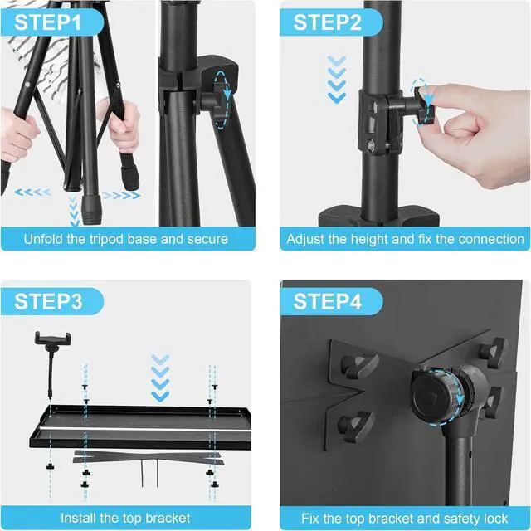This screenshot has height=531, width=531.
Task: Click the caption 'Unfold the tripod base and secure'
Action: pyautogui.click(x=126, y=240)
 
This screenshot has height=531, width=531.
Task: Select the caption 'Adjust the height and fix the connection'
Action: pyautogui.click(x=405, y=240)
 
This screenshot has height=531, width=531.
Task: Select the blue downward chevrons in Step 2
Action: pyautogui.click(x=336, y=79)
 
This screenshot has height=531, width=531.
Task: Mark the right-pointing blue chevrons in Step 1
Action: pyautogui.click(x=121, y=196)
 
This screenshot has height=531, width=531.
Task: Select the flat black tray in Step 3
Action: pyautogui.click(x=124, y=423)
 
